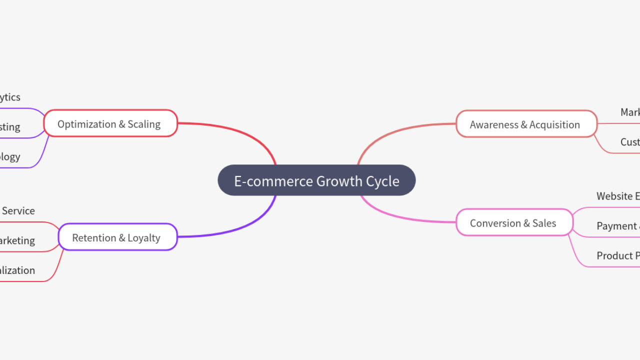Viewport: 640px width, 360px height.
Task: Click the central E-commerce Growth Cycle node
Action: (x=316, y=180)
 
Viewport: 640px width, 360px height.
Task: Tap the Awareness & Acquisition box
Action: (x=526, y=124)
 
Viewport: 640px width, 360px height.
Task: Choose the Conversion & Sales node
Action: (x=514, y=223)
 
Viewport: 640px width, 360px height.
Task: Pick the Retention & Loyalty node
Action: (x=117, y=237)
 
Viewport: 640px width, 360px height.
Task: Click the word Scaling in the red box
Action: (x=144, y=124)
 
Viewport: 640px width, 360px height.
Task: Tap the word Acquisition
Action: (x=555, y=124)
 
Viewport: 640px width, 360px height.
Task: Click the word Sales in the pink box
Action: (x=544, y=223)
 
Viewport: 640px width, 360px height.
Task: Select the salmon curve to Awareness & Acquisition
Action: (x=395, y=131)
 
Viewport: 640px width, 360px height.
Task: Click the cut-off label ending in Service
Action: (x=18, y=211)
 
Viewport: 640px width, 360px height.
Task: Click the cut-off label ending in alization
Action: (x=18, y=270)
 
